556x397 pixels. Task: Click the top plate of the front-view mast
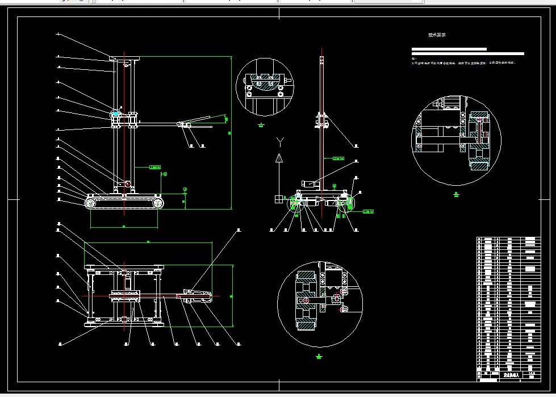(126, 57)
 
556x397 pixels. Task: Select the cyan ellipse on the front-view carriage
(116, 114)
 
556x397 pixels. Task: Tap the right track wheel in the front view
(158, 203)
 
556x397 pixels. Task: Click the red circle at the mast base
(127, 184)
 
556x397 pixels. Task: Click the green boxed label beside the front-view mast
(154, 167)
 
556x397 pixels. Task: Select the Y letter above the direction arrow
(279, 140)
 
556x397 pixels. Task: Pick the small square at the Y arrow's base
(279, 199)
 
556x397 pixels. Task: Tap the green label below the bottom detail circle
(319, 357)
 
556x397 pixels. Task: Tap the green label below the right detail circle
(456, 194)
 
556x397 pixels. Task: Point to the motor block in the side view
(309, 183)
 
